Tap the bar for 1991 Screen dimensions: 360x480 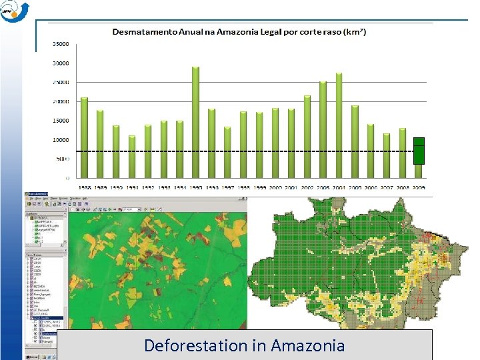pos(132,157)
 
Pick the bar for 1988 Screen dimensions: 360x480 pos(85,137)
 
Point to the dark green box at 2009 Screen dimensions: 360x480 pos(419,151)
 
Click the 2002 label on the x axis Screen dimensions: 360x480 pos(307,189)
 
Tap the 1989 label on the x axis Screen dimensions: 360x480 pos(101,189)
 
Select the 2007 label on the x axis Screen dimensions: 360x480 pos(387,189)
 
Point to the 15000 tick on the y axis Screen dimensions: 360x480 pos(61,121)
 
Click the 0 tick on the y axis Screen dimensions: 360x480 pos(67,178)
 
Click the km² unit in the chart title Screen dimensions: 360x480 pos(355,31)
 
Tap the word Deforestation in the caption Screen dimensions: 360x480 pos(186,345)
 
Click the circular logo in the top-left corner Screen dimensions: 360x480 pos(14,11)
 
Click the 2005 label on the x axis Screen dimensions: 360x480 pos(355,189)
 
